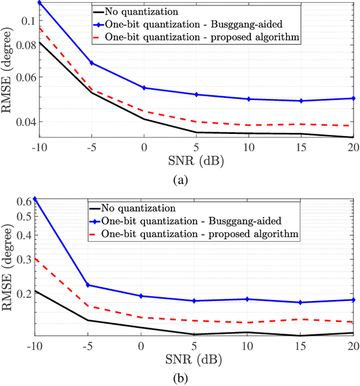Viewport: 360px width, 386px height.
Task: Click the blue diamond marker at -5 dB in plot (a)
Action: tap(92, 63)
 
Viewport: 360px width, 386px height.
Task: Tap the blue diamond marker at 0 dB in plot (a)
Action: tap(144, 88)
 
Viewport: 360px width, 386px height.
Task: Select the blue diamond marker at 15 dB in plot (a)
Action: tap(301, 101)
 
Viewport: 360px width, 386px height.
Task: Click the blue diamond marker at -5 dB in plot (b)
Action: tap(88, 285)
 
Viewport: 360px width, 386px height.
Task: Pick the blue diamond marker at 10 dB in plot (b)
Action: tap(247, 299)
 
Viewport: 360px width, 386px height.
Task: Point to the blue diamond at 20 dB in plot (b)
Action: tap(353, 300)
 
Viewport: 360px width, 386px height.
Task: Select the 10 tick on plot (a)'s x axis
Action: tap(247, 147)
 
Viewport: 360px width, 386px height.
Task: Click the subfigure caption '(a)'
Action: tap(181, 179)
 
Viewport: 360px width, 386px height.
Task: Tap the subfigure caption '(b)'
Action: tap(181, 378)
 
